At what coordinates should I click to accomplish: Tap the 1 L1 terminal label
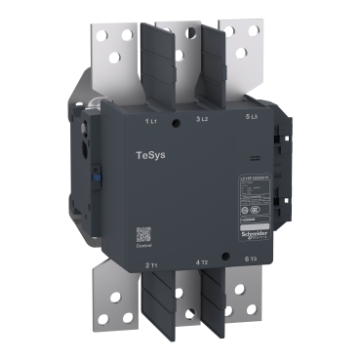(151, 120)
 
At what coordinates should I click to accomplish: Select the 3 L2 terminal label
(203, 119)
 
